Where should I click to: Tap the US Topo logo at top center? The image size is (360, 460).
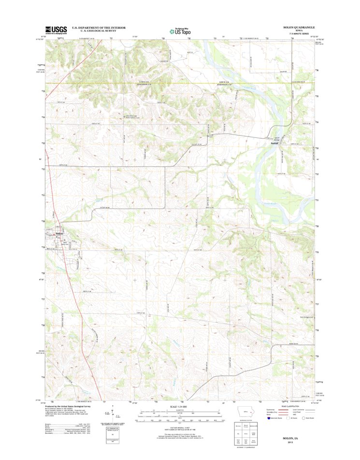tap(179, 30)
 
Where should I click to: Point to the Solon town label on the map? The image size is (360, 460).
tap(59, 234)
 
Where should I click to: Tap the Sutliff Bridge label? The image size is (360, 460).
tap(277, 138)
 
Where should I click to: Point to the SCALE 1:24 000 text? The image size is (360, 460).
tap(179, 406)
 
